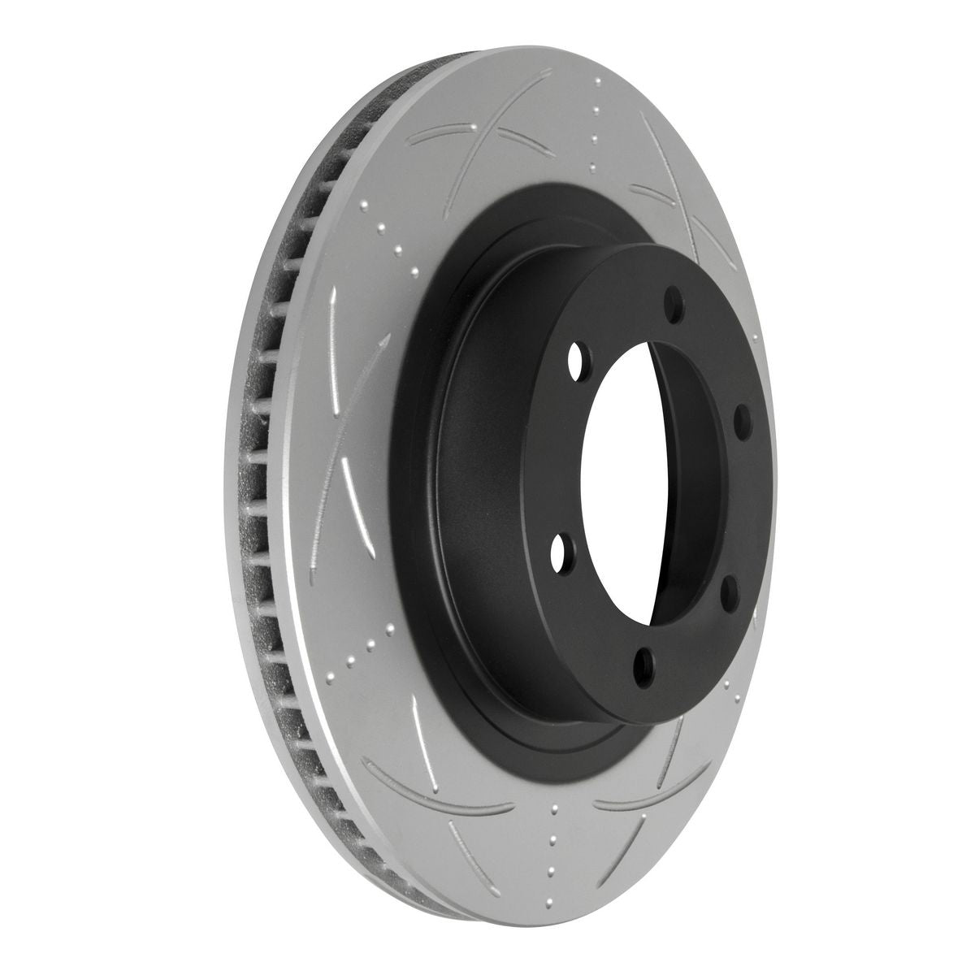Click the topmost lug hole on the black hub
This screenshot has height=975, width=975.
[673, 305]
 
